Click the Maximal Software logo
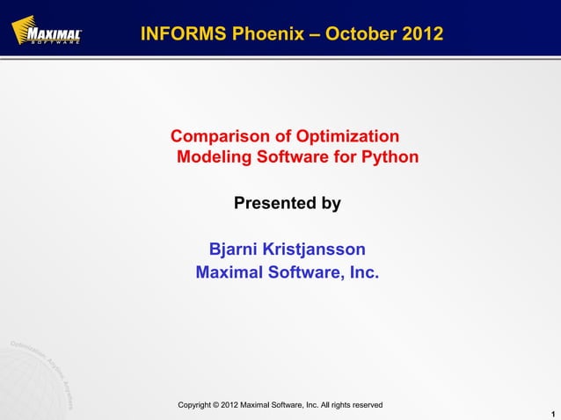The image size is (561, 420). (46, 33)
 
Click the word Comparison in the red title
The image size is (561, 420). (222, 137)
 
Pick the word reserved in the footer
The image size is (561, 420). (365, 405)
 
